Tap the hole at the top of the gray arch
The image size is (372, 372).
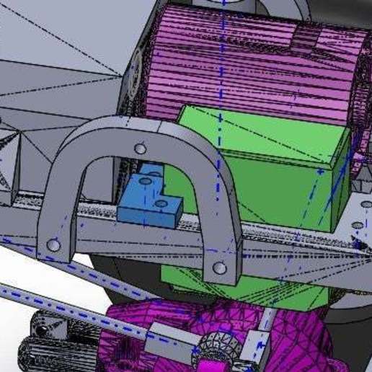pos(141,149)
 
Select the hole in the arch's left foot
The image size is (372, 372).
pos(53,245)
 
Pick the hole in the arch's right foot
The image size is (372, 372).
pos(220,268)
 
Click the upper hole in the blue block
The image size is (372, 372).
pos(147,183)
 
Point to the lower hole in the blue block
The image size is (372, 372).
pos(160,204)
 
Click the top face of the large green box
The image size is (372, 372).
pos(260,133)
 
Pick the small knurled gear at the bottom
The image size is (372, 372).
pos(213,346)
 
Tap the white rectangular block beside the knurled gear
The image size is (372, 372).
pos(252,347)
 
